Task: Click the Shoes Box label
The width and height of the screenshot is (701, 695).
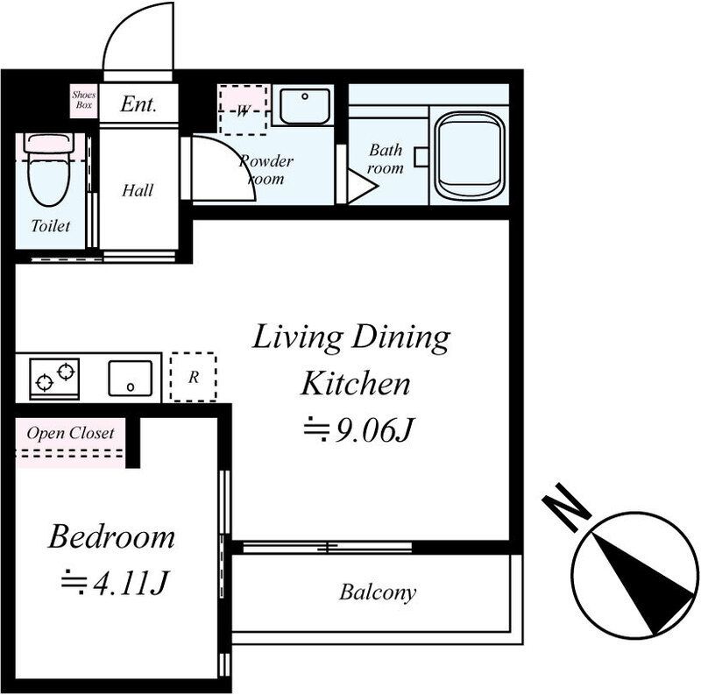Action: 84,100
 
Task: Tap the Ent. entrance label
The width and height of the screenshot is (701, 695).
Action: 138,104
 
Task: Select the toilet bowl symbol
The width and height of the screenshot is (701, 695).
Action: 49,169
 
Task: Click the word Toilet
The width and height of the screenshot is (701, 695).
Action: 51,225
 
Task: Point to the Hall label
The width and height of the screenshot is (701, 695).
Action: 138,190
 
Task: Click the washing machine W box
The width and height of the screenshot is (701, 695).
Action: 244,110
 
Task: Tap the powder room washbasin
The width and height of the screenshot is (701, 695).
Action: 305,106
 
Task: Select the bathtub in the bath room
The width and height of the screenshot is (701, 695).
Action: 469,156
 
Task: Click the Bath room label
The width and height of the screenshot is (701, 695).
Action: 386,159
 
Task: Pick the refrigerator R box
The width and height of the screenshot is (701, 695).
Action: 193,377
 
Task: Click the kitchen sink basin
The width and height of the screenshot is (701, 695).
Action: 130,378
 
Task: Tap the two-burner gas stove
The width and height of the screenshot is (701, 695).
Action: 54,379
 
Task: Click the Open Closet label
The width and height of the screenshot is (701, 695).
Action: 71,433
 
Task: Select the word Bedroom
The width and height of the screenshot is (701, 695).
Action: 111,536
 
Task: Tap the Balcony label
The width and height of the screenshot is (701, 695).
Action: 378,592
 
